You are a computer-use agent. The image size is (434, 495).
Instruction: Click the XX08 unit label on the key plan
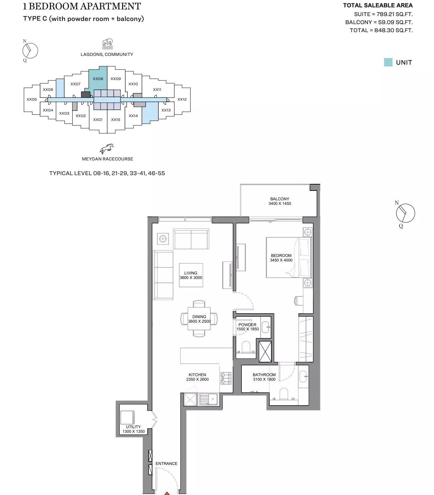98,79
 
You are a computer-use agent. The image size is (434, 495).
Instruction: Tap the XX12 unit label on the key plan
182,99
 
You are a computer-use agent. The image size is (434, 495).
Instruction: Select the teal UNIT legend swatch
388,62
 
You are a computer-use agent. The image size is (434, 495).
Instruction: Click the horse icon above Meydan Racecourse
107,149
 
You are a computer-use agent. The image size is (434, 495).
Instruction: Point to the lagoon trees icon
107,44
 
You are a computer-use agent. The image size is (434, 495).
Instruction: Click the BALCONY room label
280,199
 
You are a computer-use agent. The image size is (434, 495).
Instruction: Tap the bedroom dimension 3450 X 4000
281,260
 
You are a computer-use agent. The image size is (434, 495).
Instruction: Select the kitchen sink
209,399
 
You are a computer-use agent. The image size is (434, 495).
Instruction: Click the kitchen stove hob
226,378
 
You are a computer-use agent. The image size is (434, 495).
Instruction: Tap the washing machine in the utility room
127,417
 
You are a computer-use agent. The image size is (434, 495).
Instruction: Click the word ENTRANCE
166,464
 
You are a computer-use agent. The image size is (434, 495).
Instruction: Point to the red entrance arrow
167,493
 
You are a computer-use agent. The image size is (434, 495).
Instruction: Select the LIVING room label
191,273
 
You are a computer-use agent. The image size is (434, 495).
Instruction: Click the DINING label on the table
199,317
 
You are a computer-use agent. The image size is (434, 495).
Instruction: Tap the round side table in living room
163,239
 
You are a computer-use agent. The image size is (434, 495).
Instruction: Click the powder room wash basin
265,327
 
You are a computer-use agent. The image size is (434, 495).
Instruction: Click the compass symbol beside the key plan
30,51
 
